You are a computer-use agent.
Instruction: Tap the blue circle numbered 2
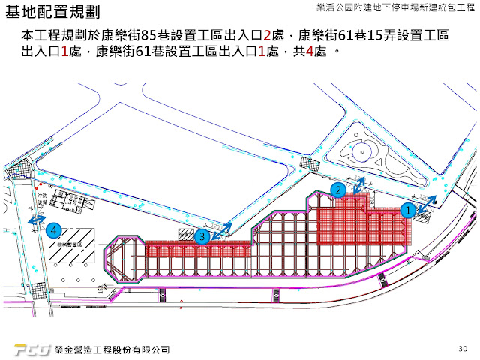point(339,190)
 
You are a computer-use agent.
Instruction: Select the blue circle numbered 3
point(201,237)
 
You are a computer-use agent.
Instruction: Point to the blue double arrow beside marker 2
point(359,184)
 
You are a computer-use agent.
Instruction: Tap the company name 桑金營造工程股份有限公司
point(112,349)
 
